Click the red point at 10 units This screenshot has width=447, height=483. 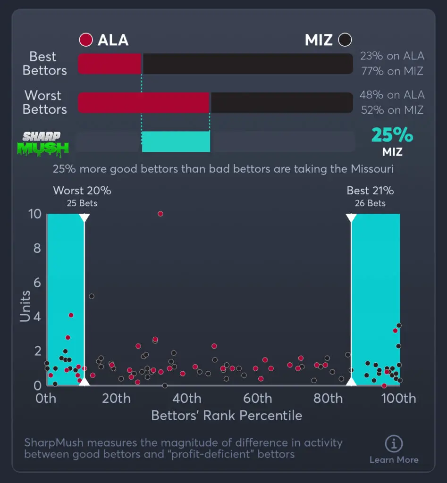(x=160, y=214)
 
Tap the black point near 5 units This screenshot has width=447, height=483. (x=92, y=296)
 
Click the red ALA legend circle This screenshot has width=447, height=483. (x=86, y=40)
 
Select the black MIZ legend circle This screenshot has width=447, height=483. (x=346, y=40)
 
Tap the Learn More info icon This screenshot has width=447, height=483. (x=394, y=444)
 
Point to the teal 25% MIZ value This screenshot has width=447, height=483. (x=392, y=136)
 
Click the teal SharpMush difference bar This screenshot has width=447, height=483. (x=176, y=142)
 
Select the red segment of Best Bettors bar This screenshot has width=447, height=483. (x=110, y=64)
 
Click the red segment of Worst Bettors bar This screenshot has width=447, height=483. (x=143, y=102)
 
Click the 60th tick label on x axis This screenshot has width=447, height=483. (x=258, y=399)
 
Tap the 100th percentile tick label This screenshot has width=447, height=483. (x=398, y=399)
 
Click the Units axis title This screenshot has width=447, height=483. (x=25, y=306)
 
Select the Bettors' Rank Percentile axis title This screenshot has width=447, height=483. (x=227, y=416)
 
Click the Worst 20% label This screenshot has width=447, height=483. (x=82, y=191)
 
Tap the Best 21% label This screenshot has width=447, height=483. (x=370, y=191)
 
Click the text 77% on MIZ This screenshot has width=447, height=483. (x=391, y=71)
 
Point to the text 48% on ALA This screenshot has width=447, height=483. (x=392, y=95)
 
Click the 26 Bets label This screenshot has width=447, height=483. (x=370, y=203)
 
